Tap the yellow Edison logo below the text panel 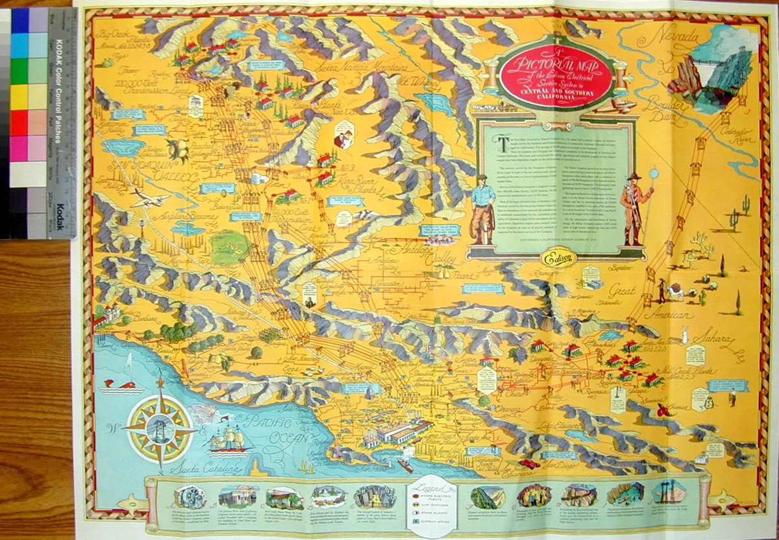(556, 258)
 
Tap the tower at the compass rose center (160, 428)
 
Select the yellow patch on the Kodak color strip (29, 97)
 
